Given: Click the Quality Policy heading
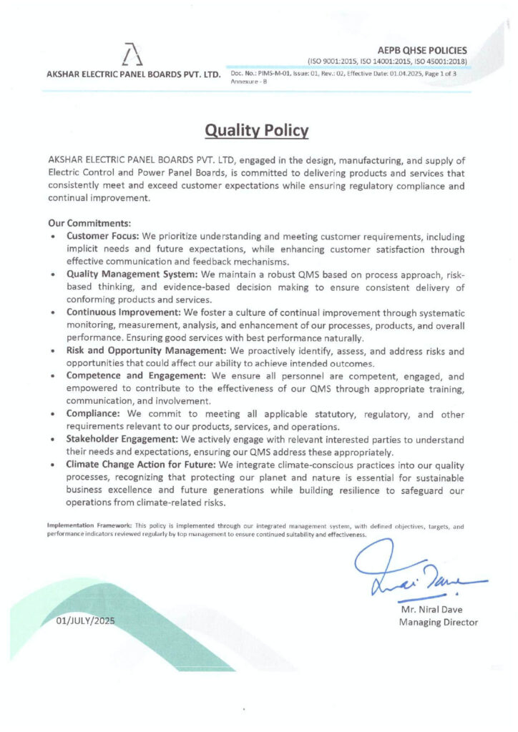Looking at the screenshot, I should click(257, 131).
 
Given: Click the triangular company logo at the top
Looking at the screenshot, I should click(128, 54).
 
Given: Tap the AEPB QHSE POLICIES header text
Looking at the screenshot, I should click(424, 50).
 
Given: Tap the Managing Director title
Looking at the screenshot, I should click(438, 623).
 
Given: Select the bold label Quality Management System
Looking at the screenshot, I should click(132, 274).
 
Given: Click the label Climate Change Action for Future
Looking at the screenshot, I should click(141, 465).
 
